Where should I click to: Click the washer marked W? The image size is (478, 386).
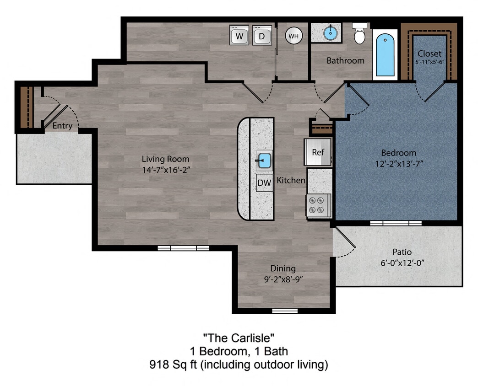coord(239,36)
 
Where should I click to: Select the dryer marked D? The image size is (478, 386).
coord(262,36)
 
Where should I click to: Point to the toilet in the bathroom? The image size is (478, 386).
coord(360,35)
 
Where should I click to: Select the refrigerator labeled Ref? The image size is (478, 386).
coord(318,152)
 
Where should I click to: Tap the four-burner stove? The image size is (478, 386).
coord(319,204)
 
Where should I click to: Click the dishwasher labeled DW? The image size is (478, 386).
coord(264,183)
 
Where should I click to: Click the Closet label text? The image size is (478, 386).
coord(429,54)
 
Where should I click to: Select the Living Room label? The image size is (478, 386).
coord(165,159)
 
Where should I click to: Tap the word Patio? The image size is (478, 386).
coord(402,252)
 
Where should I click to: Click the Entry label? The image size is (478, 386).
coord(62,126)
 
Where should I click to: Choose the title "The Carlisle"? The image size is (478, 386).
coord(239,338)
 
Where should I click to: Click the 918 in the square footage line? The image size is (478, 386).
coord(158,365)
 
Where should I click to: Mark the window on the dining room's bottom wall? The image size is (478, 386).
coord(285,311)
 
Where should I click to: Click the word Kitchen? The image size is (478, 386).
coord(291,181)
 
